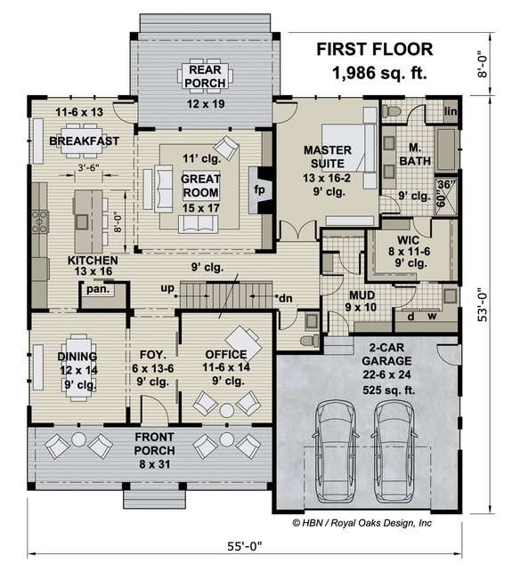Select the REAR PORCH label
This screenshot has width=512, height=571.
[207, 77]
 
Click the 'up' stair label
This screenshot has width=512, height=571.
[167, 287]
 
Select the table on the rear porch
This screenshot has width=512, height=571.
[207, 72]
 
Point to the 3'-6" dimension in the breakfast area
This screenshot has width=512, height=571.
[87, 166]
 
